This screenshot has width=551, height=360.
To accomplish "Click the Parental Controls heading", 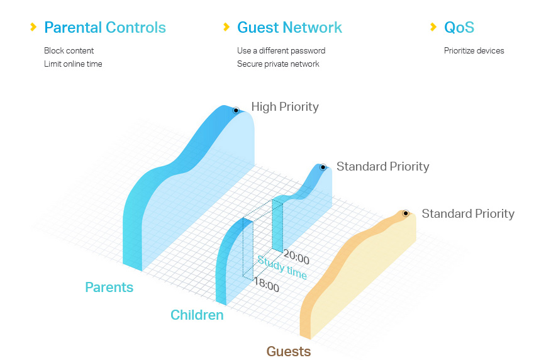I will click(x=105, y=28).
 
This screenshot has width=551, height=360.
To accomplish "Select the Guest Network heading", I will click(x=289, y=28).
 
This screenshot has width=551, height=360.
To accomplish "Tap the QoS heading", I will click(x=459, y=28).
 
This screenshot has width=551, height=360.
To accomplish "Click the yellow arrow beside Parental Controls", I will click(x=33, y=27).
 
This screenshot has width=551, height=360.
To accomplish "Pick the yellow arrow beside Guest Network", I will click(x=226, y=27).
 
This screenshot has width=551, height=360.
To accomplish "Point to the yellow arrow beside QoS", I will click(x=433, y=27).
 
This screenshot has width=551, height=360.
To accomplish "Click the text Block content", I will click(x=69, y=50).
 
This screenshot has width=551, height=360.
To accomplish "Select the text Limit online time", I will click(x=73, y=64).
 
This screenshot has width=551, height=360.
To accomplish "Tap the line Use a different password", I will click(x=281, y=50).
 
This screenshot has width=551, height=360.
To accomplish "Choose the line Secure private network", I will click(x=278, y=64).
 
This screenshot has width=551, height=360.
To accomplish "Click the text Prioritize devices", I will click(x=474, y=50).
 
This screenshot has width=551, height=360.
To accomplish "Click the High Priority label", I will click(x=285, y=107).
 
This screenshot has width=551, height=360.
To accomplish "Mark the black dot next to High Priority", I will click(x=236, y=110).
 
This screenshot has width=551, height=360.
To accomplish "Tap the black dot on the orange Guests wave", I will click(x=406, y=213).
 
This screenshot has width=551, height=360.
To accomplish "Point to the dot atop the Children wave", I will click(x=323, y=167).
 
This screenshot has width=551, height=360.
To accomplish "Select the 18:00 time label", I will click(x=266, y=286).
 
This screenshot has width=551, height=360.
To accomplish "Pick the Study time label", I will click(x=282, y=268).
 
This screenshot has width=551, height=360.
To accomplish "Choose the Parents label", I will click(x=109, y=288).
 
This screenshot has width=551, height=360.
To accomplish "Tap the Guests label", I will click(x=289, y=351).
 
